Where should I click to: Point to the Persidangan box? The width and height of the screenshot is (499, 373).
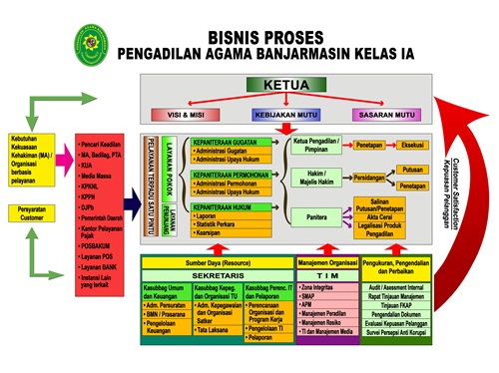pos(370,177)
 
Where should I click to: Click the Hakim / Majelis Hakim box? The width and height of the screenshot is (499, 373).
pos(317,177)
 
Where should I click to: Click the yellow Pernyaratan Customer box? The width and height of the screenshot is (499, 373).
pos(34,213)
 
